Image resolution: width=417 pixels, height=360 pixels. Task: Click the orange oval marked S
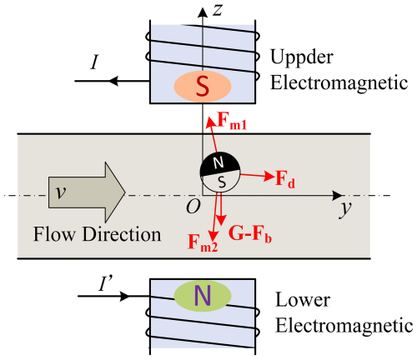point(203,87)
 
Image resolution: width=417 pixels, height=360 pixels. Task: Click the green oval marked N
point(203,296)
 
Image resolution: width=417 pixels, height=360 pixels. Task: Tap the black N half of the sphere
point(219,163)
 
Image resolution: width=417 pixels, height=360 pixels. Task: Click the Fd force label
point(285,179)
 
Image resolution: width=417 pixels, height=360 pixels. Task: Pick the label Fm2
point(203,242)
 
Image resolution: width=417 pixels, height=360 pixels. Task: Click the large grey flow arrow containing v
point(87,192)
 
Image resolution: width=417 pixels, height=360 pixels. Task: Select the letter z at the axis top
point(218,10)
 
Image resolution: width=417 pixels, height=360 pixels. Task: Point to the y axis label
point(345,208)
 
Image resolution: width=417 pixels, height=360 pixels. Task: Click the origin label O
point(193,207)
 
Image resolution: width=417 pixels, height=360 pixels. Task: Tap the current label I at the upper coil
point(95,62)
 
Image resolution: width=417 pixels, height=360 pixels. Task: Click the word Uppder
point(302,57)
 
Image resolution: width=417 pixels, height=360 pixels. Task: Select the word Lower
point(303,300)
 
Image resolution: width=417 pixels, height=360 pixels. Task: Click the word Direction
point(122,234)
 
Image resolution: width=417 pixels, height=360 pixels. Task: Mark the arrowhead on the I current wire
point(113,81)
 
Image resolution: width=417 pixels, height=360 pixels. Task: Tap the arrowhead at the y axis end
point(337,195)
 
